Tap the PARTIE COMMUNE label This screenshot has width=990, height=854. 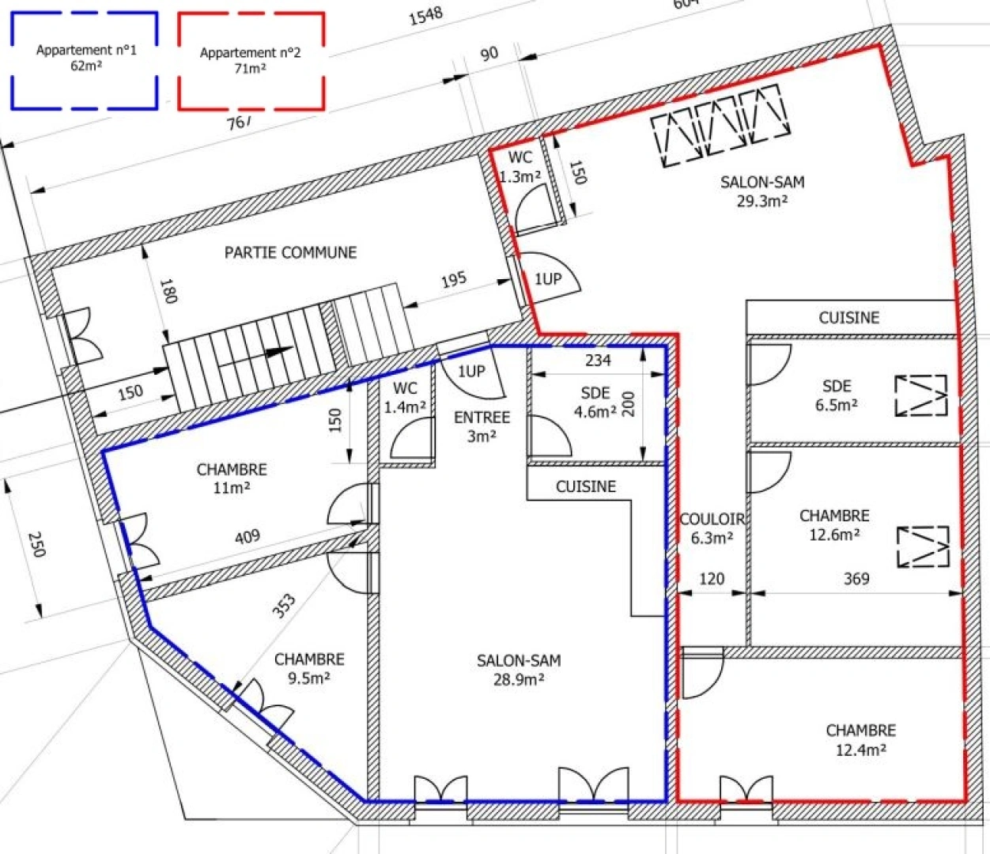tap(291, 252)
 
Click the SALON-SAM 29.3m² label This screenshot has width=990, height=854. tap(762, 191)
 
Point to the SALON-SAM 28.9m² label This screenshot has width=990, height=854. tap(519, 670)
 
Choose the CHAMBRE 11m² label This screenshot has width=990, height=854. tap(232, 478)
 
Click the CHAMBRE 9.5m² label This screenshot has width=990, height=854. tap(309, 668)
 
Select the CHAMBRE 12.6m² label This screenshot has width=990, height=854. tap(834, 524)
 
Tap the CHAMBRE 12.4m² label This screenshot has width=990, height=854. tap(860, 739)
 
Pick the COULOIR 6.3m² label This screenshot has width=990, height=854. tap(712, 528)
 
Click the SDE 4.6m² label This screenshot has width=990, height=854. tap(595, 402)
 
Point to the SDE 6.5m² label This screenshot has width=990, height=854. tap(837, 395)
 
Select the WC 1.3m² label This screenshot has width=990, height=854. tap(520, 167)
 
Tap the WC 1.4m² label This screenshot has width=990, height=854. tap(405, 397)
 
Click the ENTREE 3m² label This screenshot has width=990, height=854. tap(482, 426)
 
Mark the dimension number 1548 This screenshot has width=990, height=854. tap(425, 17)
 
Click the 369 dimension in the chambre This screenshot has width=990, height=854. tap(856, 579)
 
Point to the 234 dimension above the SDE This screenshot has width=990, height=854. tap(599, 360)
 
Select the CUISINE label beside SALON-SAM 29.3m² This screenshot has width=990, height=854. tap(849, 318)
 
